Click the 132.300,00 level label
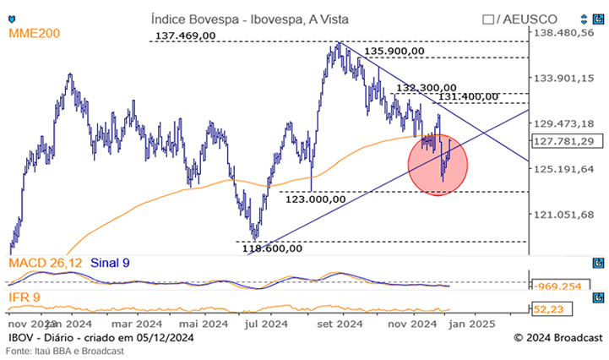(427, 87)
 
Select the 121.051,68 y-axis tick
(564, 214)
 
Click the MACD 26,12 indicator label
(46, 264)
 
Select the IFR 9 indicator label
(26, 297)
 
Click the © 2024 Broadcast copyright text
(554, 338)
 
